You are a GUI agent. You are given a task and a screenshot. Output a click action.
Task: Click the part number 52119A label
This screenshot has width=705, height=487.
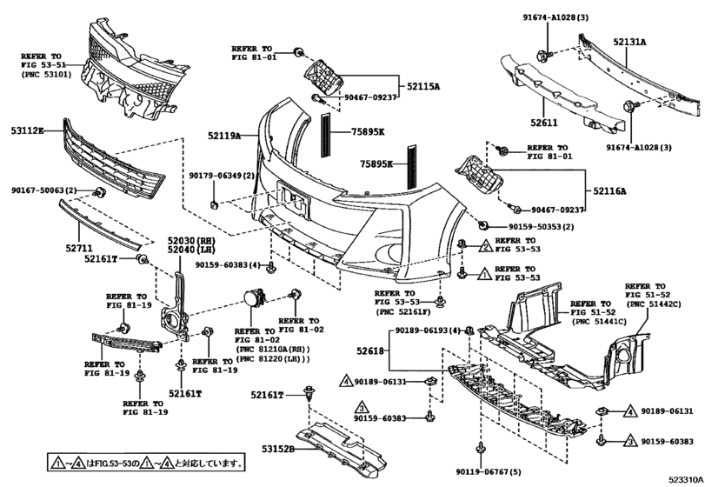[x=224, y=135]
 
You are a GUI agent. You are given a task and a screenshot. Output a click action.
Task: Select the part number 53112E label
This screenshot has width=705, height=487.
[x=28, y=130]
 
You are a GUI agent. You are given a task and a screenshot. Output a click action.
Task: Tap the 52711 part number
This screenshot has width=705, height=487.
[x=79, y=248]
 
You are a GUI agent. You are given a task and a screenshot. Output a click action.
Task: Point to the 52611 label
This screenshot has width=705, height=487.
[x=543, y=123]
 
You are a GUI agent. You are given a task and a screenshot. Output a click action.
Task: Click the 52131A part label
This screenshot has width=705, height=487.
[x=629, y=42]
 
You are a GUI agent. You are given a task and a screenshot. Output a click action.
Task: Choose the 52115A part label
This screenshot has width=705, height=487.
[x=423, y=86]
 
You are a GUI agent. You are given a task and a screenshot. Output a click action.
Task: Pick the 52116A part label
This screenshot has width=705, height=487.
[x=609, y=191]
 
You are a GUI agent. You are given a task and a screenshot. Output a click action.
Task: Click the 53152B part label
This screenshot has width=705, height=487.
[x=279, y=449]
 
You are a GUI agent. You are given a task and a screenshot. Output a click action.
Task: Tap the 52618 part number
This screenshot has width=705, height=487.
[x=370, y=350]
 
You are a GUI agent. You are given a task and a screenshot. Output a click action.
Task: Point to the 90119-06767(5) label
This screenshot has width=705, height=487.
[x=489, y=471]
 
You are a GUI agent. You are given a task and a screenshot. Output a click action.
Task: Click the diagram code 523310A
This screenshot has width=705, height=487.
[x=686, y=479]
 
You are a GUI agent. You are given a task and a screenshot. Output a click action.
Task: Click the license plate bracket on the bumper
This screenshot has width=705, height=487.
[x=294, y=200]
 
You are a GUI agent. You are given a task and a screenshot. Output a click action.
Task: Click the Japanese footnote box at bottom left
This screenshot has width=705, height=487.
[x=147, y=462]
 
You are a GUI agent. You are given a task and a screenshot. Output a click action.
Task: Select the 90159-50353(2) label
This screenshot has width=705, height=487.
[x=535, y=227]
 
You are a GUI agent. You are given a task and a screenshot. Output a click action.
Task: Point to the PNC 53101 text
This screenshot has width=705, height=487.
[x=46, y=74]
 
